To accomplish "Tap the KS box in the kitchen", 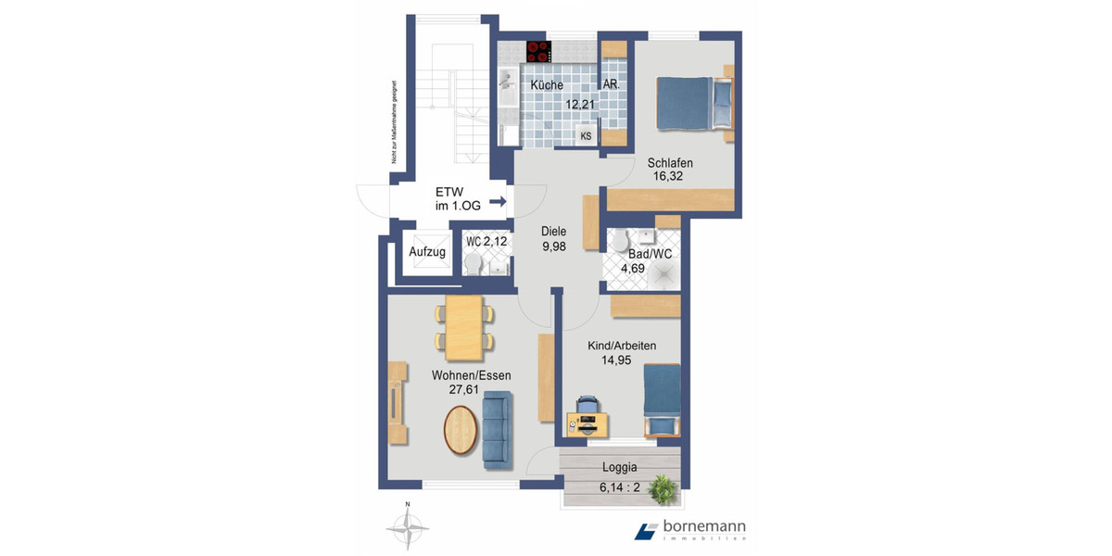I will pos(586,136).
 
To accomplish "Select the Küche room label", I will pos(547,85).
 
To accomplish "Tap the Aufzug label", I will pos(427,252).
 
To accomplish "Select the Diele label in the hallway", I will pos(554,232).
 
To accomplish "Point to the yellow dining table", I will pos(464,327).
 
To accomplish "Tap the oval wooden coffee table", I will pos(461,431).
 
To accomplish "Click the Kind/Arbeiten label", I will pos(622,346).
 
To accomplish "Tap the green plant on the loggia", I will pos(663,488).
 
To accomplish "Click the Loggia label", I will pos(620,468).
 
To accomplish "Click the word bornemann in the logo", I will pos(704,527).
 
